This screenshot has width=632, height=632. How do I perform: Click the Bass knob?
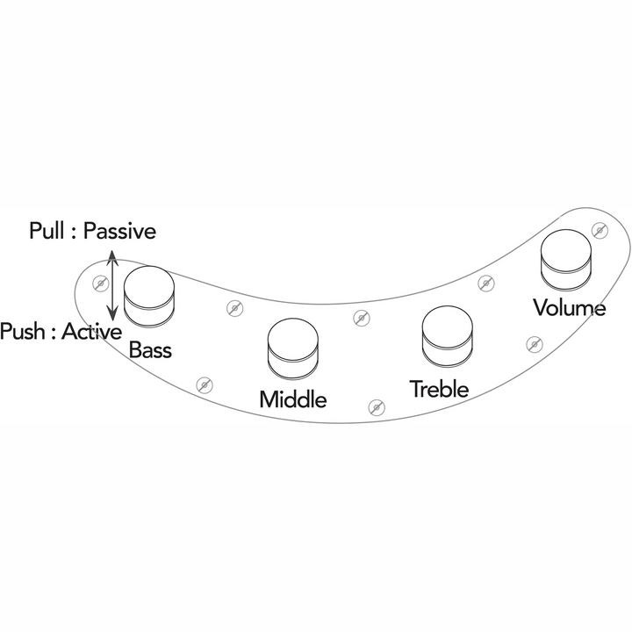click(149, 297)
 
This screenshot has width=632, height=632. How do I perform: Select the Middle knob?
click(293, 349)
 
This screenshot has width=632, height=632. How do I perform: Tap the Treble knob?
click(447, 336)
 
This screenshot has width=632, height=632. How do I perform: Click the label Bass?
click(150, 350)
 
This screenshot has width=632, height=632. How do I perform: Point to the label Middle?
click(293, 399)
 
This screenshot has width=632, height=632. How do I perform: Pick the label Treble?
click(439, 389)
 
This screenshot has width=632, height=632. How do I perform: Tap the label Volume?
click(570, 307)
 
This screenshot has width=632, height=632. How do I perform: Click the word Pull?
click(47, 231)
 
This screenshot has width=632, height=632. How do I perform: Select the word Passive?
click(119, 231)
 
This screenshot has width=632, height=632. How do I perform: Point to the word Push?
click(23, 331)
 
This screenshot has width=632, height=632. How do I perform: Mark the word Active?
click(91, 331)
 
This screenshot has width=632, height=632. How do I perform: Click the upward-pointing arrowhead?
click(112, 257)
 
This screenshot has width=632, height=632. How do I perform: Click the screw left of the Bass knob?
click(100, 284)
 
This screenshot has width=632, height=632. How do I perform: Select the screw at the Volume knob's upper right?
click(600, 230)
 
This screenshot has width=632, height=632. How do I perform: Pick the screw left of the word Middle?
click(205, 385)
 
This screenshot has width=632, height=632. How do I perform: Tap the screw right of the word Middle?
click(377, 407)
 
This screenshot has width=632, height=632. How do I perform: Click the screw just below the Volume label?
click(535, 344)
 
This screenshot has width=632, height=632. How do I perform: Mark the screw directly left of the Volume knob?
click(486, 284)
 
